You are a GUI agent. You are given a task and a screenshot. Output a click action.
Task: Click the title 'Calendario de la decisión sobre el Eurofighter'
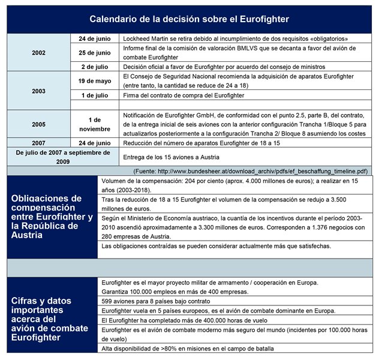[190, 19]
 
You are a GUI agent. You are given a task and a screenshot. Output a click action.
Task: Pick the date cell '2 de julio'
[96, 67]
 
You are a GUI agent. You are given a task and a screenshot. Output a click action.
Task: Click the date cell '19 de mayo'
[96, 80]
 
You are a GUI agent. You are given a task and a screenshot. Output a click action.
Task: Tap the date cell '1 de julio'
[96, 95]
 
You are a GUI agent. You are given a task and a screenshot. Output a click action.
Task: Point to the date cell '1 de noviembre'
[96, 124]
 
